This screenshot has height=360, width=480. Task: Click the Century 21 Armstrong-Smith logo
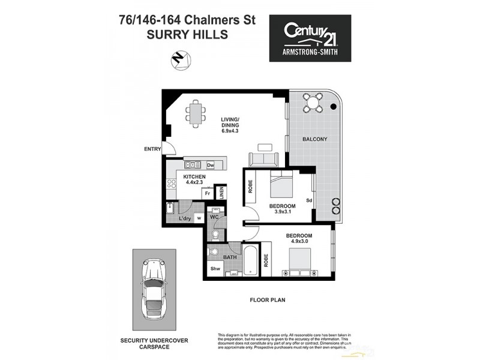coord(309,38)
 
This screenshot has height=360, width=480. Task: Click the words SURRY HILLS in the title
coord(187,35)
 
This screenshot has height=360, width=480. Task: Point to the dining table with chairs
coord(196,113)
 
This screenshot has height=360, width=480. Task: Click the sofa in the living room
coord(263,159)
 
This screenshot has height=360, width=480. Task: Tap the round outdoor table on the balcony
coord(313,103)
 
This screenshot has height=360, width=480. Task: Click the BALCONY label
coord(314,139)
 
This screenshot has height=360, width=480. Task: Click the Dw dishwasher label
coord(211,165)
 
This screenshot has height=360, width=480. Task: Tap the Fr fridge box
coord(207,194)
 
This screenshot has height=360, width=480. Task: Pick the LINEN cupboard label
coord(221,193)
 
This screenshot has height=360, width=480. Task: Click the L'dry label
coord(185,218)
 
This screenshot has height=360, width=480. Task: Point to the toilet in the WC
coord(215,234)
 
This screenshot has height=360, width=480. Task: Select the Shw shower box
coord(215,269)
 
